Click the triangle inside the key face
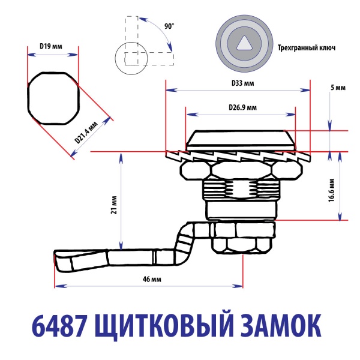tap(244, 44)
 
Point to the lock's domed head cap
tap(240, 139)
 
